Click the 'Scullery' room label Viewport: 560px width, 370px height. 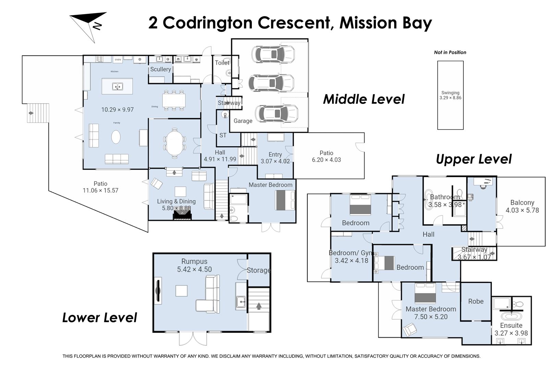tap(160, 69)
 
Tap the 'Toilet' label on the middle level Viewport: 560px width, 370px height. tap(222, 63)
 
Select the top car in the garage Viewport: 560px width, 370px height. tap(273, 54)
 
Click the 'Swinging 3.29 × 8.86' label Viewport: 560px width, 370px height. tap(450, 95)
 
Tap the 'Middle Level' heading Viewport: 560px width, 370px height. tap(364, 99)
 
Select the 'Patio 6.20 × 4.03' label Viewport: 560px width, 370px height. tap(326, 156)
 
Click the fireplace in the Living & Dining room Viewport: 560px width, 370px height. tap(182, 215)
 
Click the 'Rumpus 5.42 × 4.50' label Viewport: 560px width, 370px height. tap(194, 266)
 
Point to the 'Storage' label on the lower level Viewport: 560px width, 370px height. tap(258, 270)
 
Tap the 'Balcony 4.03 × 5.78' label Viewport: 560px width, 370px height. tap(522, 206)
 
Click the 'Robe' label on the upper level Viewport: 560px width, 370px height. tap(476, 301)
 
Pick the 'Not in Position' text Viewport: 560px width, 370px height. tap(450, 52)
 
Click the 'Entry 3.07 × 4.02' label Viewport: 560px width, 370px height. tap(275, 158)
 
